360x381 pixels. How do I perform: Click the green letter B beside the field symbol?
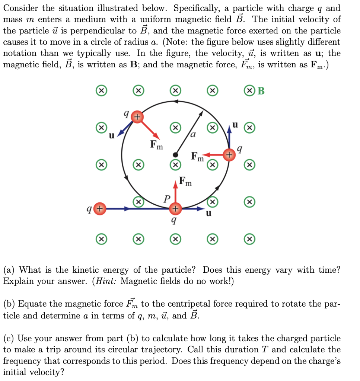(x=261, y=91)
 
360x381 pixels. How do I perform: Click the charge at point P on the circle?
(x=175, y=209)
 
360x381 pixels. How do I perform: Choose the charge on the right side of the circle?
(x=230, y=154)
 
